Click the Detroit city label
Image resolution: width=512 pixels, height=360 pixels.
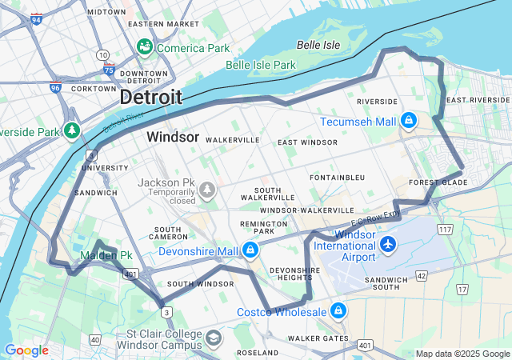[150, 98]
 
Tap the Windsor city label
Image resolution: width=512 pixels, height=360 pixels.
[172, 138]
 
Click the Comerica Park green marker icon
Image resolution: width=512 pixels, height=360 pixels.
[145, 48]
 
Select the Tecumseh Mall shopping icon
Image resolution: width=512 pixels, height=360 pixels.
[409, 121]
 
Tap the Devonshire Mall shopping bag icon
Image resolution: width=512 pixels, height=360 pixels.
[250, 250]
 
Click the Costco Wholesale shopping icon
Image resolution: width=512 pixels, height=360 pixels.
[338, 310]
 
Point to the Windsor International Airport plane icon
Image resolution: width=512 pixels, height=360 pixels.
[388, 243]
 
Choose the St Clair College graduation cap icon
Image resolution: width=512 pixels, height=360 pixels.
[213, 338]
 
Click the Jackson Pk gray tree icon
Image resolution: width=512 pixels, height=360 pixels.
[208, 189]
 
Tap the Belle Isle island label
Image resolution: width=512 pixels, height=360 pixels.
[314, 44]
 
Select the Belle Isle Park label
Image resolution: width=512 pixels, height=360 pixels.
[261, 65]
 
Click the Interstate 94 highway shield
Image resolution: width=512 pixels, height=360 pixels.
[37, 20]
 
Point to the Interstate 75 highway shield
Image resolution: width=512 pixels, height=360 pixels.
[108, 70]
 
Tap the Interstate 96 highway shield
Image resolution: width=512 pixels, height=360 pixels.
[54, 87]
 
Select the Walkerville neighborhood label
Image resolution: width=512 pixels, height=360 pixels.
[232, 139]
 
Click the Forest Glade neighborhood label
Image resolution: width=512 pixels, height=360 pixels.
[437, 182]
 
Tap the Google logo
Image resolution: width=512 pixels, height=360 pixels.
[26, 350]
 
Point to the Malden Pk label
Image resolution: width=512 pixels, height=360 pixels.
[99, 256]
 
